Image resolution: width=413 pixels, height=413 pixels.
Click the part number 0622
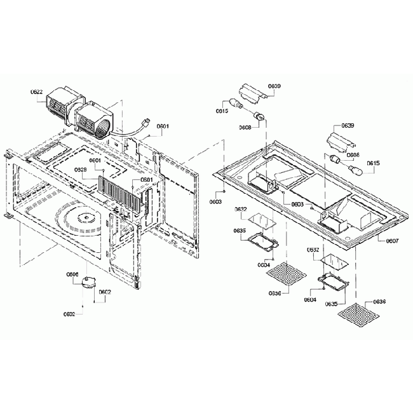(x=37, y=92)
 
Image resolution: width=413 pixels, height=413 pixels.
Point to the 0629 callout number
(x=81, y=170)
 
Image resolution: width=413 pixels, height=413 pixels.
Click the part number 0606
(x=72, y=274)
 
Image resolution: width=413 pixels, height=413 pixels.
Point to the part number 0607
(x=392, y=241)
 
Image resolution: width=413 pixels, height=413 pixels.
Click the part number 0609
(x=274, y=86)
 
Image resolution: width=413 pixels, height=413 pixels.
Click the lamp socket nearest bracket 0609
(x=259, y=115)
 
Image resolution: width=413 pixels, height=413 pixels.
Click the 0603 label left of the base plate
(x=216, y=201)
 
